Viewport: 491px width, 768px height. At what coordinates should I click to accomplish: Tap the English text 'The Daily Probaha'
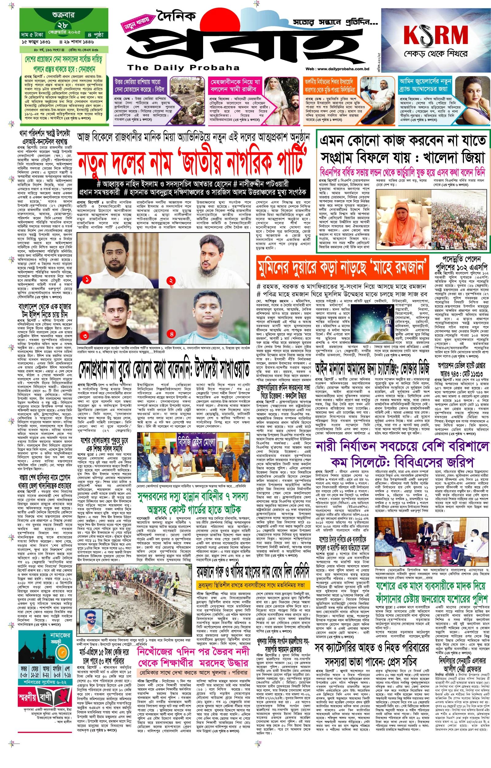pyautogui.click(x=183, y=67)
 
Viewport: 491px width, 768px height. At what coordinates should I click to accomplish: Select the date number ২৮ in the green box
pyautogui.click(x=63, y=25)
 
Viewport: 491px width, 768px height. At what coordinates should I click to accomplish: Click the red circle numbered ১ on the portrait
pyautogui.click(x=87, y=280)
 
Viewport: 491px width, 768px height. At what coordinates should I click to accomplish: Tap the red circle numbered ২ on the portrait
pyautogui.click(x=171, y=281)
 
